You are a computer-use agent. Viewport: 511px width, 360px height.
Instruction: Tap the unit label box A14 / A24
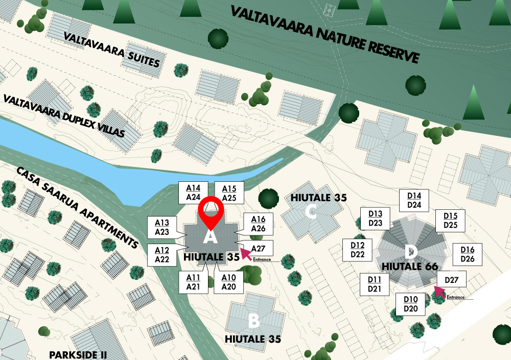pyautogui.click(x=193, y=193)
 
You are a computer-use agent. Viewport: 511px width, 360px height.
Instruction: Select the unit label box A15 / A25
pyautogui.click(x=229, y=193)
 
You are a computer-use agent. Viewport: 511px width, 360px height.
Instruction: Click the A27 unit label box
pyautogui.click(x=258, y=248)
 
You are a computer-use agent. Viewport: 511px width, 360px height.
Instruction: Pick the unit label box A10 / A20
pyautogui.click(x=229, y=282)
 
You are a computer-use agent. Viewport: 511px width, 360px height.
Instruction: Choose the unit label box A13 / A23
pyautogui.click(x=162, y=227)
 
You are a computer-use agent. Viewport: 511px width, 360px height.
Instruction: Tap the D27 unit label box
pyautogui.click(x=451, y=280)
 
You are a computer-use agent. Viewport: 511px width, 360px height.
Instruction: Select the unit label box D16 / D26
pyautogui.click(x=468, y=254)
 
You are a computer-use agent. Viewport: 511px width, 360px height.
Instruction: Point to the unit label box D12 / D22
pyautogui.click(x=358, y=250)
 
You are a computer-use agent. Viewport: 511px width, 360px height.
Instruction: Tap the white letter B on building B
pyautogui.click(x=253, y=321)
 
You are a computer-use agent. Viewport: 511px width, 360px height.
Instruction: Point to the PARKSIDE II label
pyautogui.click(x=78, y=354)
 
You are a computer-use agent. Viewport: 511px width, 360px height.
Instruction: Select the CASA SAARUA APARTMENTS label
pyautogui.click(x=78, y=207)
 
